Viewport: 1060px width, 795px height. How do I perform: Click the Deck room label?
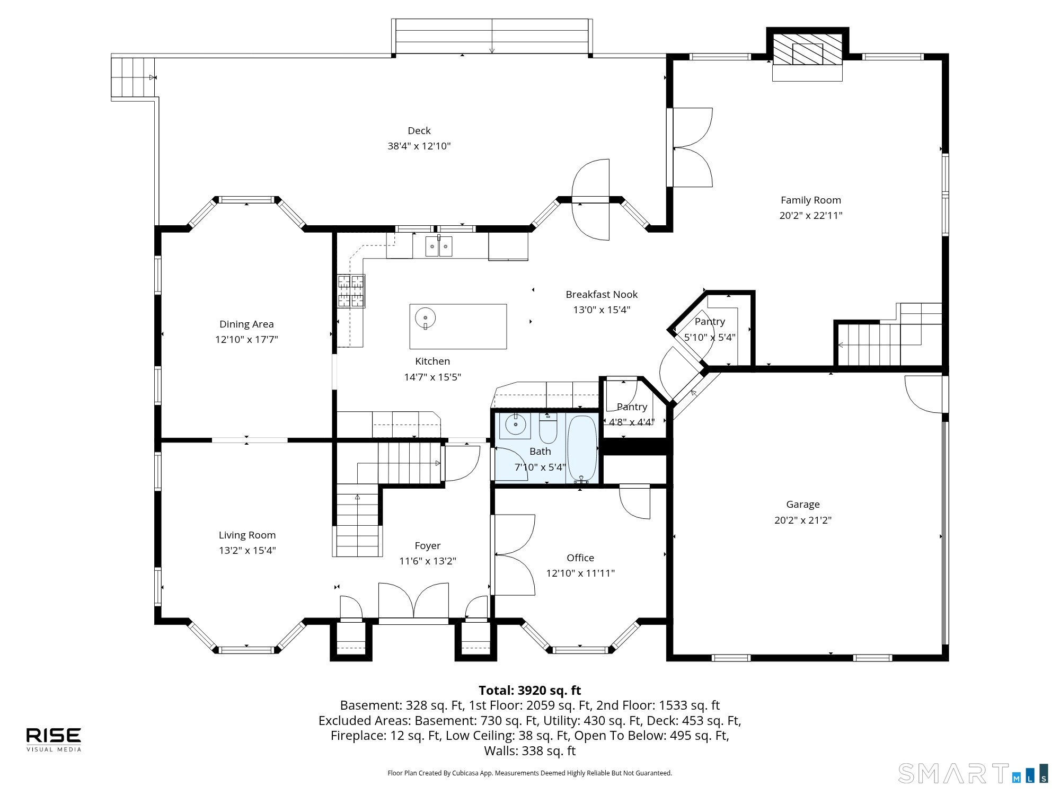pos(419,131)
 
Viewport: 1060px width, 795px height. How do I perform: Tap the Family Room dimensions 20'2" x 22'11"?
pos(810,216)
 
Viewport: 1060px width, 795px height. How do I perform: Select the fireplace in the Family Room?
pos(807,50)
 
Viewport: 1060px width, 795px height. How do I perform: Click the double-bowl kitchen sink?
pos(439,246)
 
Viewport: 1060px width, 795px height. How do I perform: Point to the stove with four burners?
pos(351,290)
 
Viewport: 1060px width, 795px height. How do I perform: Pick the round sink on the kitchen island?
pos(425,318)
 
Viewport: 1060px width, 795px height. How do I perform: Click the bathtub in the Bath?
pos(582,449)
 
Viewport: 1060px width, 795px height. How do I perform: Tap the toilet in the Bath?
pos(548,428)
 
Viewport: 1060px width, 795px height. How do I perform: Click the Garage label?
pos(802,505)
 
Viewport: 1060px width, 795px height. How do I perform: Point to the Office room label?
pos(580,558)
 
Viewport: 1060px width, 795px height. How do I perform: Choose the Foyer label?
pos(428,546)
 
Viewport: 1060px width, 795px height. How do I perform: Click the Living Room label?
pos(247,535)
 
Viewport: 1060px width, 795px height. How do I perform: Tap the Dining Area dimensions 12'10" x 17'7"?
pos(246,340)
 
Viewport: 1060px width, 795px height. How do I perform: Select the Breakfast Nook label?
pos(602,295)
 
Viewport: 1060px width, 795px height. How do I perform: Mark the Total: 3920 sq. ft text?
pos(530,691)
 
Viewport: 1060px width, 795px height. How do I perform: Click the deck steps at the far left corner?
pos(133,77)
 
